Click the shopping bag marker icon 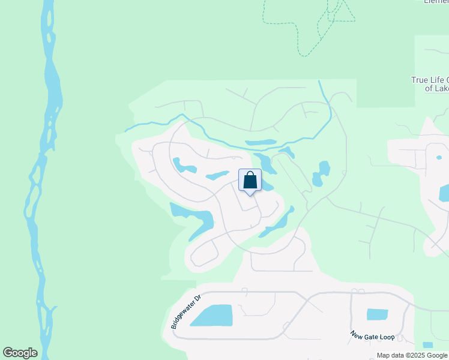250,181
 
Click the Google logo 20,353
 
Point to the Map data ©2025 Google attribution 411,355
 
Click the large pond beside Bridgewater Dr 212,315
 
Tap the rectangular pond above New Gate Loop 377,314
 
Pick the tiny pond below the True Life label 439,158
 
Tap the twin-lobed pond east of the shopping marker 322,173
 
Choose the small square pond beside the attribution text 427,346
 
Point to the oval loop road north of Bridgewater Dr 204,252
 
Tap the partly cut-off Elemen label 436,2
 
